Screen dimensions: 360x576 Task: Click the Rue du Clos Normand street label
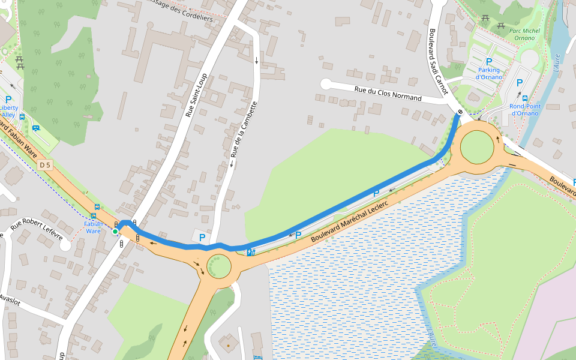(x=397, y=94)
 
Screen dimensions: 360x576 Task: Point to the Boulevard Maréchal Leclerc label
(x=350, y=222)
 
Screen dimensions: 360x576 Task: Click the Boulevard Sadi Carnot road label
(x=438, y=61)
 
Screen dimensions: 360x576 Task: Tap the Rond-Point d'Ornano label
(x=524, y=110)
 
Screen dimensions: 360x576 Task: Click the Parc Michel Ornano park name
(x=524, y=34)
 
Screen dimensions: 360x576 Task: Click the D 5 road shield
(x=44, y=164)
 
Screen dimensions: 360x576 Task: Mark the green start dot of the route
(x=115, y=232)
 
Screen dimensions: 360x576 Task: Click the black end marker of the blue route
(x=460, y=112)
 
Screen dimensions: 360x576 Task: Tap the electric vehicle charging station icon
(x=251, y=251)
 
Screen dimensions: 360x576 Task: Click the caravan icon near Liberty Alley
(x=36, y=128)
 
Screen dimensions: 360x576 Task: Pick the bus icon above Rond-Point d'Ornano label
(x=525, y=98)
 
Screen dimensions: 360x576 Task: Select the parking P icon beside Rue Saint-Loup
(x=202, y=238)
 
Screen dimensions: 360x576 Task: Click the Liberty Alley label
(x=8, y=111)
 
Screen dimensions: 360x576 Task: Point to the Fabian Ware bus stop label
(x=93, y=227)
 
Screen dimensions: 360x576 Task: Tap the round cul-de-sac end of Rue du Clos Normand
(x=326, y=84)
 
